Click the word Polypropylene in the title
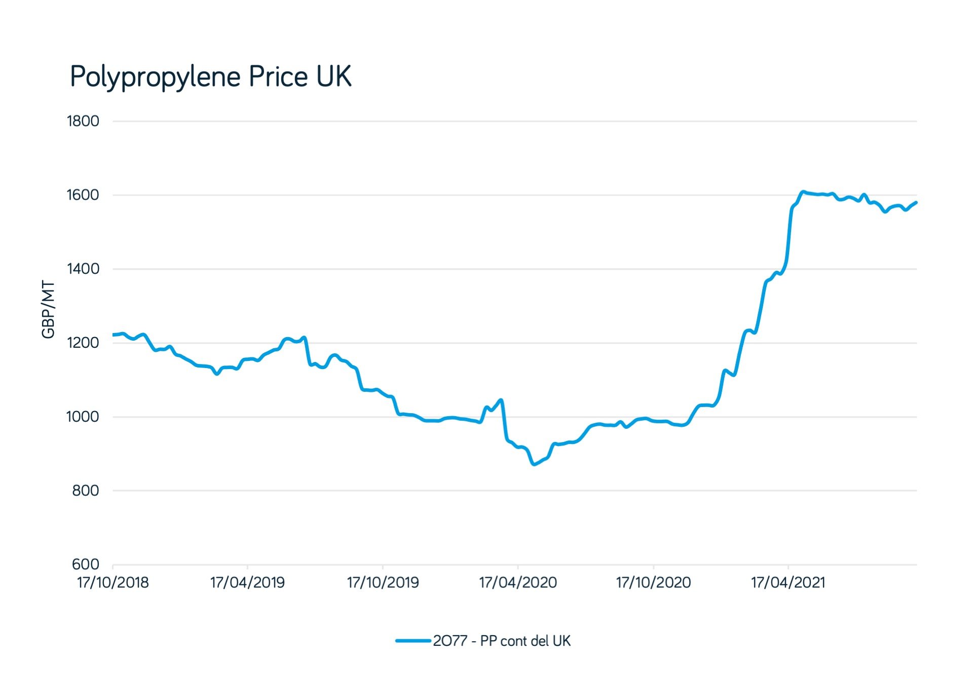click(x=155, y=78)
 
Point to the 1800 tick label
click(x=83, y=121)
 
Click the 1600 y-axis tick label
click(x=83, y=195)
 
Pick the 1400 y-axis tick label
click(x=83, y=269)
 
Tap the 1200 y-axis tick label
click(x=83, y=343)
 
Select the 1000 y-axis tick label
click(x=83, y=417)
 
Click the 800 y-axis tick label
click(x=86, y=491)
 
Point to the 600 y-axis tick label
click(x=86, y=564)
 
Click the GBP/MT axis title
click(x=48, y=309)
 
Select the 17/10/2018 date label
click(x=113, y=583)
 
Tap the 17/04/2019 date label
click(x=247, y=583)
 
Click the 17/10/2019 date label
click(x=383, y=583)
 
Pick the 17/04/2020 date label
click(x=518, y=583)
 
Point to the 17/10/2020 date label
click(x=653, y=583)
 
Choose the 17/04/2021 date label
click(x=788, y=583)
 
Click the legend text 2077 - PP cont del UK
click(x=502, y=641)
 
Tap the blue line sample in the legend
click(x=413, y=641)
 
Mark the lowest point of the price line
click(x=534, y=464)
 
